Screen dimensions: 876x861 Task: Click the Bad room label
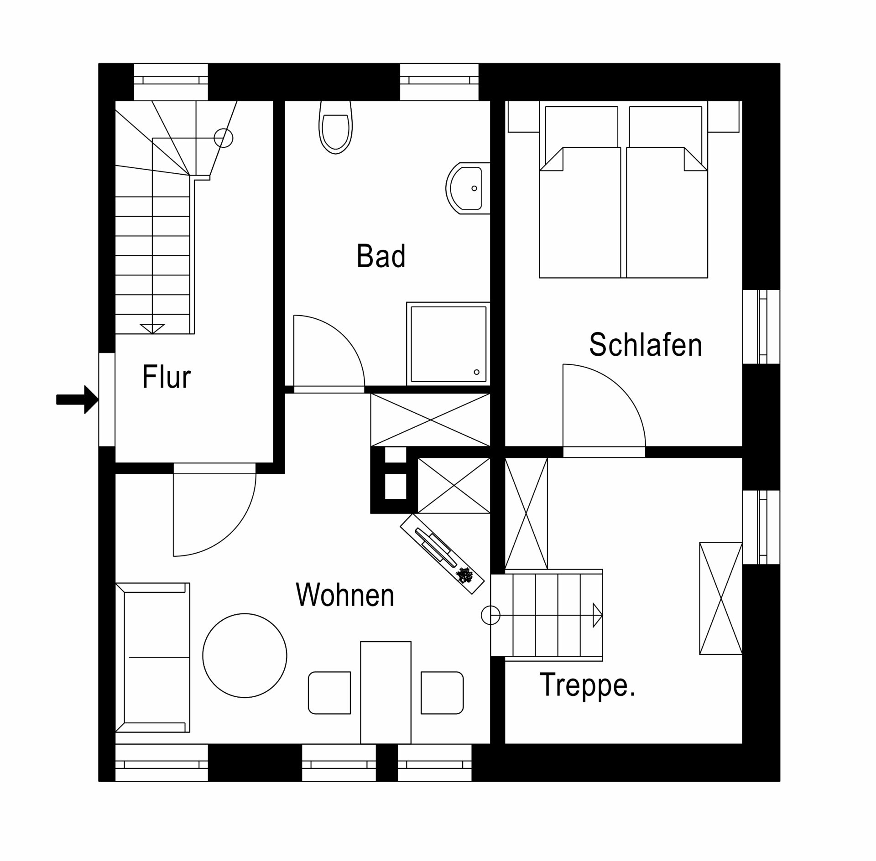(x=381, y=256)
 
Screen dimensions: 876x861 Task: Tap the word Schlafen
(x=646, y=345)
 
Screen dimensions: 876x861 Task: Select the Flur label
(x=167, y=377)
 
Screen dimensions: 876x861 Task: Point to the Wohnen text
(x=345, y=595)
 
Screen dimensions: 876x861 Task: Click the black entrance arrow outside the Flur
(x=77, y=399)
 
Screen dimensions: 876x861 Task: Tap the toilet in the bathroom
(x=336, y=127)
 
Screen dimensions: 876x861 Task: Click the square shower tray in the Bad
(x=448, y=344)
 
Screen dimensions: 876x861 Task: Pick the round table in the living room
(x=245, y=655)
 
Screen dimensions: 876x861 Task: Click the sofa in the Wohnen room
(x=152, y=657)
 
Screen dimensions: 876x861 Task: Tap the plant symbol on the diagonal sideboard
(x=465, y=576)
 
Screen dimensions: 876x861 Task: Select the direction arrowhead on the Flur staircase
(x=152, y=328)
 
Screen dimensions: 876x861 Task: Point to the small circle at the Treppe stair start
(x=490, y=616)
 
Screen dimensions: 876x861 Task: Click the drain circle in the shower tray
(x=477, y=372)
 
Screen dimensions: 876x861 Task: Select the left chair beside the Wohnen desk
(x=329, y=693)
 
